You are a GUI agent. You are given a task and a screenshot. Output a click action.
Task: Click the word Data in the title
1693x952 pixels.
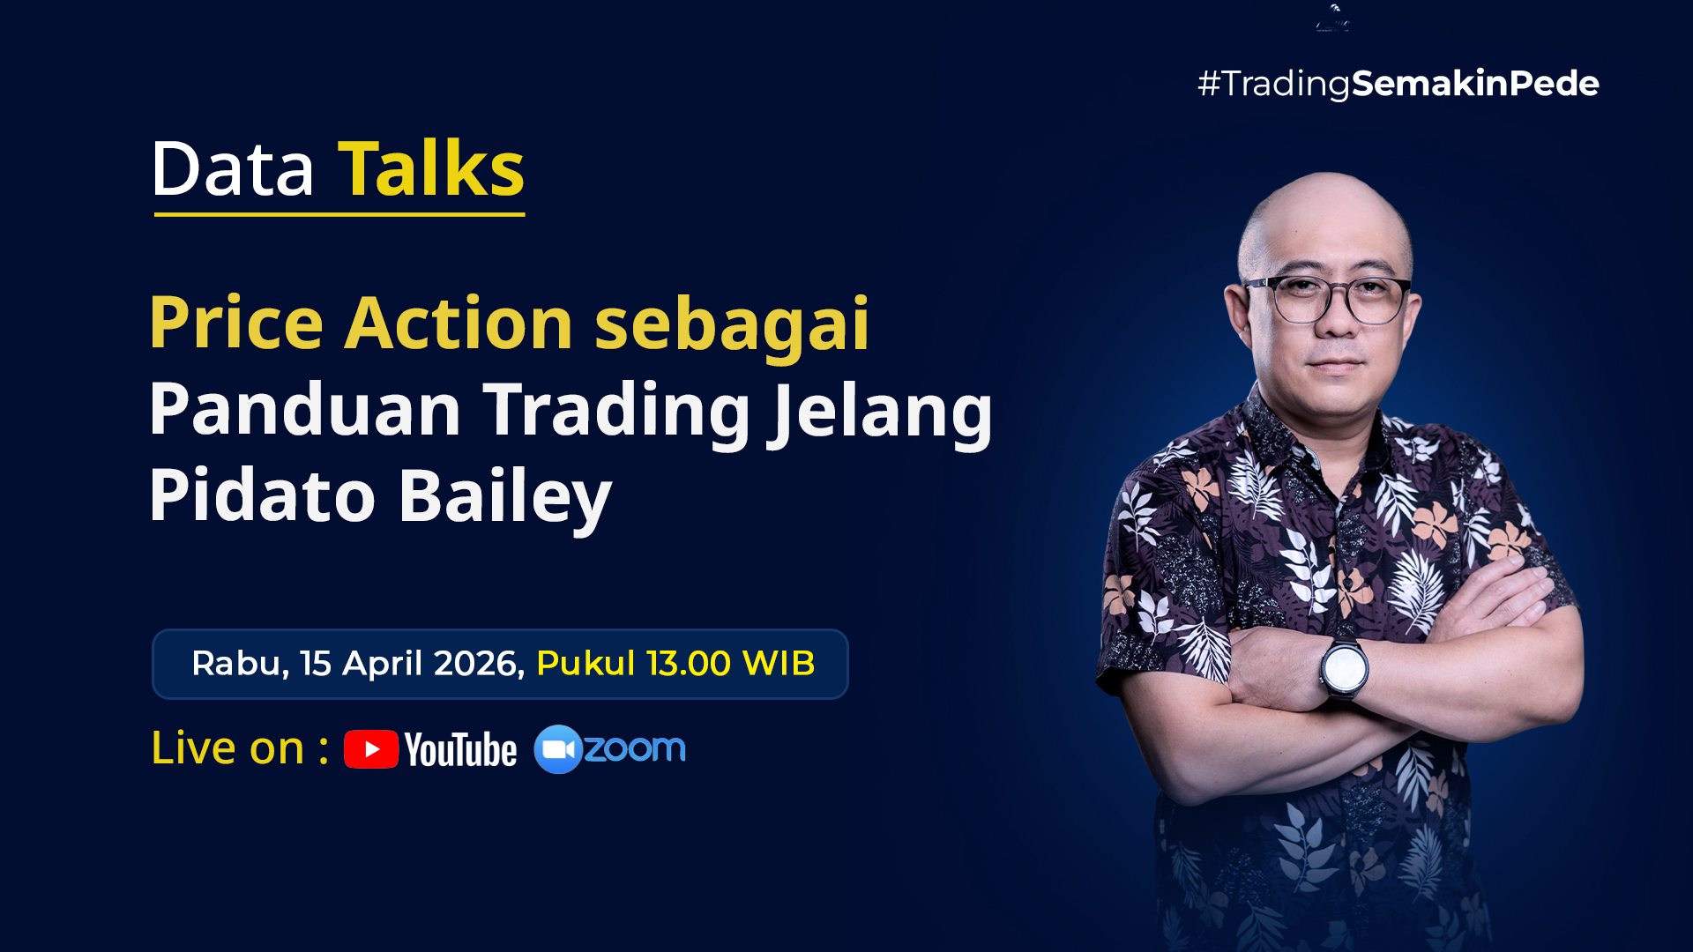coord(233,169)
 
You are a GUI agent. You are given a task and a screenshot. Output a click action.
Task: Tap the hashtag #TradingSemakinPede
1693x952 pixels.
coord(1398,84)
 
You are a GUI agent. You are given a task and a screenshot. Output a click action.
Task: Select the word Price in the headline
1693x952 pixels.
coord(236,323)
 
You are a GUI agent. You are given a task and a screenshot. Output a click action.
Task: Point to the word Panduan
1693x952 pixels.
coord(305,409)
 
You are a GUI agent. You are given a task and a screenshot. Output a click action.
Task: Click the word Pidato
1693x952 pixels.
coord(263,495)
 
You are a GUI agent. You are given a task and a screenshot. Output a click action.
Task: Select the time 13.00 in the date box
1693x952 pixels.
coord(689,664)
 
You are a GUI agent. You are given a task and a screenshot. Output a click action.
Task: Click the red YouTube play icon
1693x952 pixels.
coord(371,749)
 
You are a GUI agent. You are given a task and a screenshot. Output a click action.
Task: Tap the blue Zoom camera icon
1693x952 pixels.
coord(558,749)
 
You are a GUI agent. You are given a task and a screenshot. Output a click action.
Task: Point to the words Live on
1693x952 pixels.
coord(227,747)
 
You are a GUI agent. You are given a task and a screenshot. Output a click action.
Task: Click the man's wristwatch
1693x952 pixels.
coord(1344,667)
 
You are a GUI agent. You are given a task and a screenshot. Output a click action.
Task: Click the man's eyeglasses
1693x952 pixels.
coord(1328,300)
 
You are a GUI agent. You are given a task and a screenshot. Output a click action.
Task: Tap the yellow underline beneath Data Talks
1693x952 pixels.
coord(339,214)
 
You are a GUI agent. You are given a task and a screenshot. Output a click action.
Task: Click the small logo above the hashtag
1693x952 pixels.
coord(1332,18)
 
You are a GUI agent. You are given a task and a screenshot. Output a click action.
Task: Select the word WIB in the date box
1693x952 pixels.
coord(779,664)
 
